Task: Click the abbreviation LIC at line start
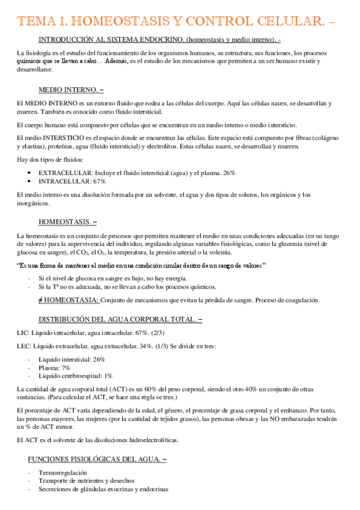(23, 333)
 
